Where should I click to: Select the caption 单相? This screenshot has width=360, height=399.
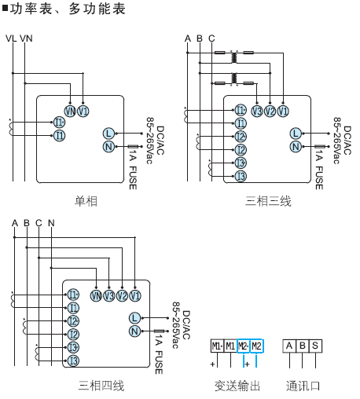(86, 202)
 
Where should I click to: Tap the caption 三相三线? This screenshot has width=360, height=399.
(268, 202)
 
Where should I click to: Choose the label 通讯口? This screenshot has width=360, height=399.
(303, 386)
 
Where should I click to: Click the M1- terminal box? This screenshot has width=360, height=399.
(216, 346)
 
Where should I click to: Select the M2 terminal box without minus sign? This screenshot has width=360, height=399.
(257, 346)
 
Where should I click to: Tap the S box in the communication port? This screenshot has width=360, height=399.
(315, 346)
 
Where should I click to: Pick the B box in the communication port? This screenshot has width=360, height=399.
(303, 346)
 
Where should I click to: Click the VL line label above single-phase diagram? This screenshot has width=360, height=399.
(11, 38)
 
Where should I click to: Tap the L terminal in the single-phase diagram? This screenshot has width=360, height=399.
(108, 134)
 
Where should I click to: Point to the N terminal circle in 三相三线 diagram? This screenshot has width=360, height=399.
(295, 146)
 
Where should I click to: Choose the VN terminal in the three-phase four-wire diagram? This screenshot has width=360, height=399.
(96, 295)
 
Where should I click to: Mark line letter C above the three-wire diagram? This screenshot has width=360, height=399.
(211, 38)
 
